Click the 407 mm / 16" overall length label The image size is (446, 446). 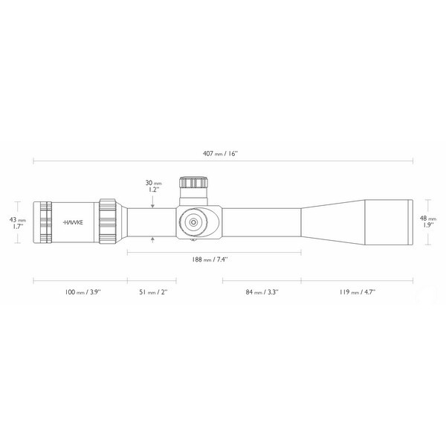[222, 152]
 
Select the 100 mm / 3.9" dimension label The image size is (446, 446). [81, 292]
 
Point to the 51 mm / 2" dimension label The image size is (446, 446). [152, 292]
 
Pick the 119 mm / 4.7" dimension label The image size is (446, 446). [358, 292]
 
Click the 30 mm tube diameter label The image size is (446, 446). [152, 183]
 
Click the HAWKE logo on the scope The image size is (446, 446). [74, 222]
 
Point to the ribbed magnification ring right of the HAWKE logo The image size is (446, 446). [107, 222]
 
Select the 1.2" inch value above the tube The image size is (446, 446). [152, 190]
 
